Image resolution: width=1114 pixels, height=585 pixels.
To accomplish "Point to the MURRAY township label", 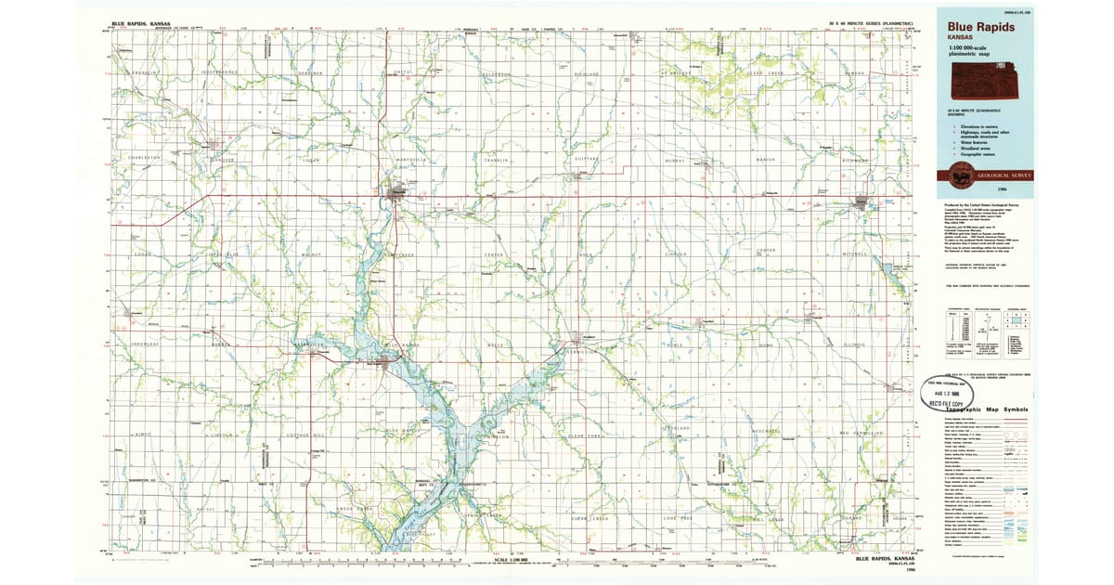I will click(675, 160).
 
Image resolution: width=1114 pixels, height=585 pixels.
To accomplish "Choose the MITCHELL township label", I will click(854, 253).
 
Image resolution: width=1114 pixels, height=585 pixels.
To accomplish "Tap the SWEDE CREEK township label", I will click(354, 508).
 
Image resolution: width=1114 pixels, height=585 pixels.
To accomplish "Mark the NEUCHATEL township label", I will click(767, 433).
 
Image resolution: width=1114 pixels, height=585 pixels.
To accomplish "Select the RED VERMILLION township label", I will click(858, 433).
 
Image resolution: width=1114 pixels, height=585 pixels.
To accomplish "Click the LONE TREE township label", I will click(678, 517).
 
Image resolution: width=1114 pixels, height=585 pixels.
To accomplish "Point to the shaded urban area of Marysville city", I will click(397, 192).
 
